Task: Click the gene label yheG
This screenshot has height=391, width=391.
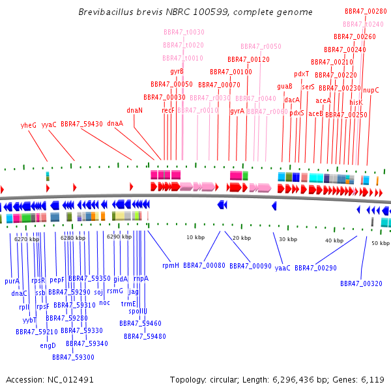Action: click(29, 124)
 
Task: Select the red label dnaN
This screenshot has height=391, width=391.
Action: click(135, 110)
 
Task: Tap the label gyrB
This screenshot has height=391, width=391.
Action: click(177, 71)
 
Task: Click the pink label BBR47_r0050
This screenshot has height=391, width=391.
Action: click(261, 46)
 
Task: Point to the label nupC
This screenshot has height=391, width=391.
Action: click(371, 90)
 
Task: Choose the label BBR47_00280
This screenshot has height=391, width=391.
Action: click(366, 11)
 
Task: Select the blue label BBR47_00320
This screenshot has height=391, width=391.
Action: click(361, 283)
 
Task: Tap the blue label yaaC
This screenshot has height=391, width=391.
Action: click(282, 268)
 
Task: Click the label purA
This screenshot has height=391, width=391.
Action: click(12, 281)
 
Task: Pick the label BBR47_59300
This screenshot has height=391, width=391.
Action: click(73, 357)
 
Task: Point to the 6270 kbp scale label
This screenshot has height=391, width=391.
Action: click(27, 239)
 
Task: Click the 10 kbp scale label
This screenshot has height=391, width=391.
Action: click(195, 237)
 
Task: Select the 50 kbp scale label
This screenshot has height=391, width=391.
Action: click(380, 243)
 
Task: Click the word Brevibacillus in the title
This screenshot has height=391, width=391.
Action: click(103, 12)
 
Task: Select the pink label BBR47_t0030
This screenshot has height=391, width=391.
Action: click(183, 32)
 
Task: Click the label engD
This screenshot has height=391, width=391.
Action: click(48, 345)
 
